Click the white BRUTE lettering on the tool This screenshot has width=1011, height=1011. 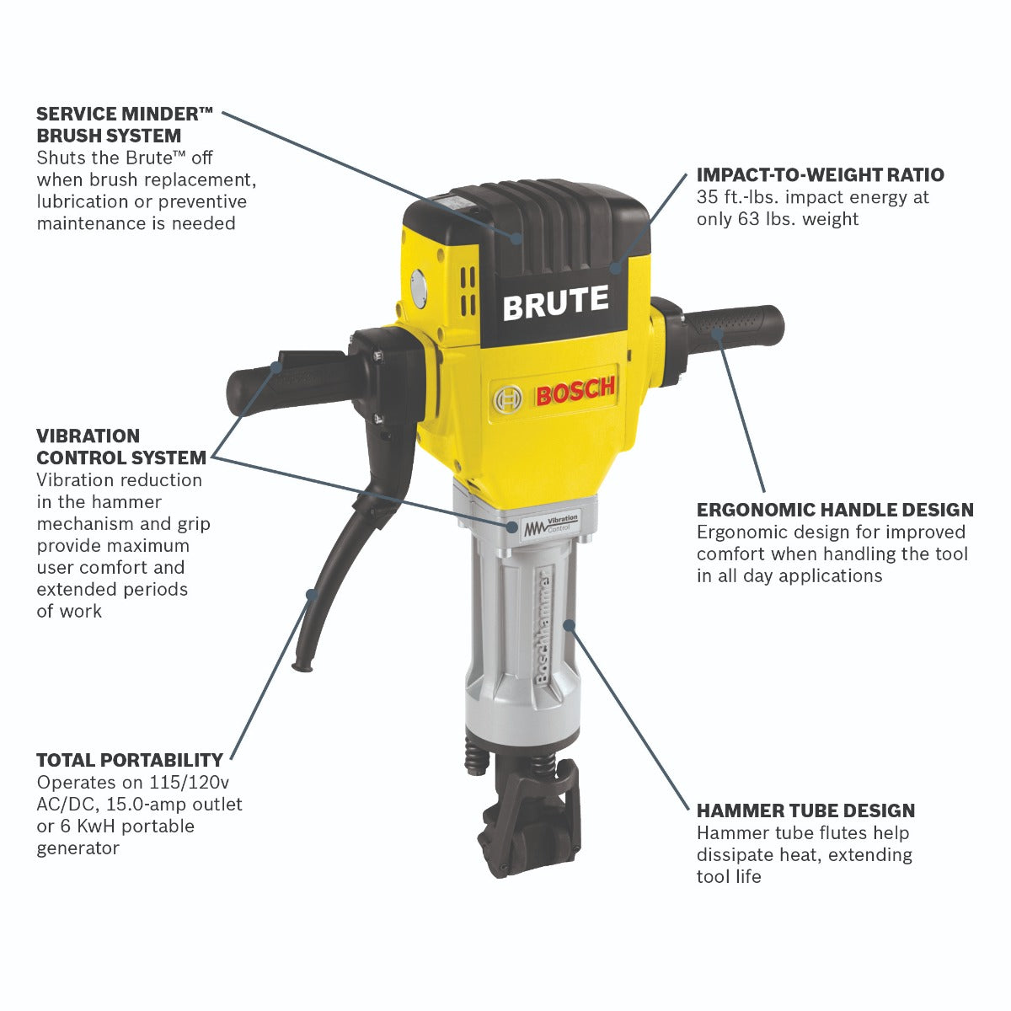[x=555, y=302]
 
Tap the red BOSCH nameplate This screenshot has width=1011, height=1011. [x=575, y=392]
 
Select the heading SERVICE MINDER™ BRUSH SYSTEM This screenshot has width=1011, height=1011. [x=125, y=124]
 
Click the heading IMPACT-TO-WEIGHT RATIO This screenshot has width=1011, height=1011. [x=820, y=175]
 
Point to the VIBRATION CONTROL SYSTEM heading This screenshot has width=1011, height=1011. [x=121, y=447]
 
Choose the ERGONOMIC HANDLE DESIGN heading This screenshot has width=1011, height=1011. [x=835, y=510]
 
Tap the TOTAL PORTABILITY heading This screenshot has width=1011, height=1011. [x=130, y=760]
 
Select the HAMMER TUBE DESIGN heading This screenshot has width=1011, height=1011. [x=805, y=810]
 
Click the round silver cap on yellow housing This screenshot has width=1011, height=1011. [x=418, y=288]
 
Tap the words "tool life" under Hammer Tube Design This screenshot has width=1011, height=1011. [x=729, y=876]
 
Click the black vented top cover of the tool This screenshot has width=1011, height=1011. [x=539, y=218]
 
